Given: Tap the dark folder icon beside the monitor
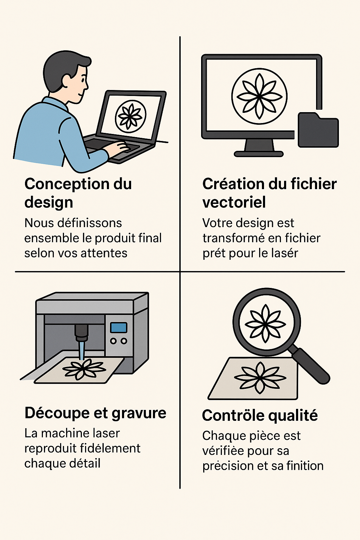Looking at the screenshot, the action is pos(318,130).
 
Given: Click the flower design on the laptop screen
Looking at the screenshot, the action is pos(131,116).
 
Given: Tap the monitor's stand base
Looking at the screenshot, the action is pos(259,154).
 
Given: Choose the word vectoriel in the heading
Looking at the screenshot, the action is pos(234,202).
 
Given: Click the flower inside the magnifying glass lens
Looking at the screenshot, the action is pos(265,323).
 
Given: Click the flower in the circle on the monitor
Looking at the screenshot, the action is pos(259,96).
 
